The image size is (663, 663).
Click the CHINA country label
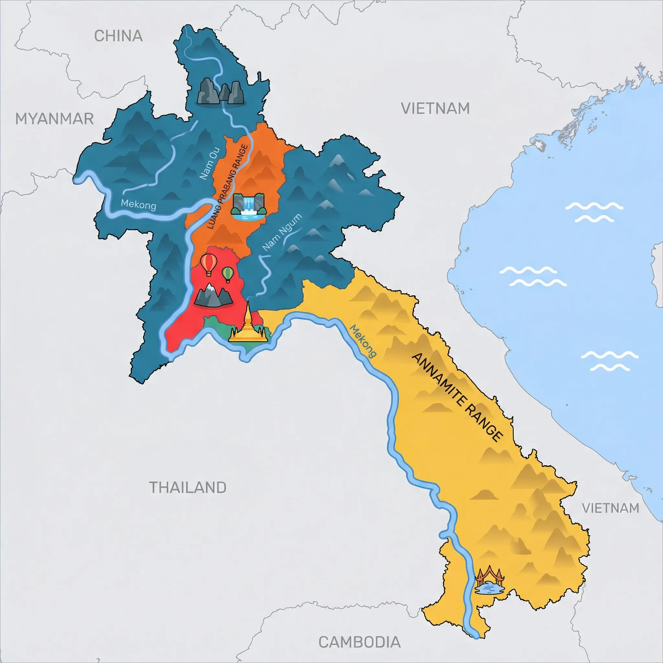(118, 36)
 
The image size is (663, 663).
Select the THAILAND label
(188, 487)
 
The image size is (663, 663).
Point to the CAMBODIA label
(359, 642)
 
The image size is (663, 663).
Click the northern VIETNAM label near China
(435, 108)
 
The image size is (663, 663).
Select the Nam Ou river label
(210, 164)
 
